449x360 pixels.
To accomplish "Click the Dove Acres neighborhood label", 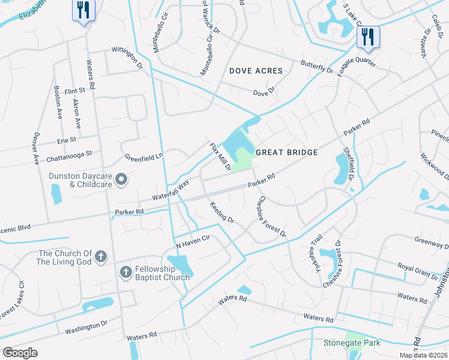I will (256, 71).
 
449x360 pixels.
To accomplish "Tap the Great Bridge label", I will (287, 152).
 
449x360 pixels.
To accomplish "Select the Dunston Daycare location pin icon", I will (121, 179).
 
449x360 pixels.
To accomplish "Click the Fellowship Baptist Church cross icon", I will (125, 272).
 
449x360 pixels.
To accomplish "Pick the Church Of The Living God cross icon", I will (101, 257).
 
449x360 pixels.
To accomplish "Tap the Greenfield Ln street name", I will (143, 157).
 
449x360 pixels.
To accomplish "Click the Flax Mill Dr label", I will (220, 156).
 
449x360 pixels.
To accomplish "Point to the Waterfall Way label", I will (170, 188).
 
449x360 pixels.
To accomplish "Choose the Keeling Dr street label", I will (222, 212).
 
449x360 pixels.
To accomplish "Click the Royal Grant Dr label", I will (418, 271).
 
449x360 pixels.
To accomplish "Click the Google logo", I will (20, 353).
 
